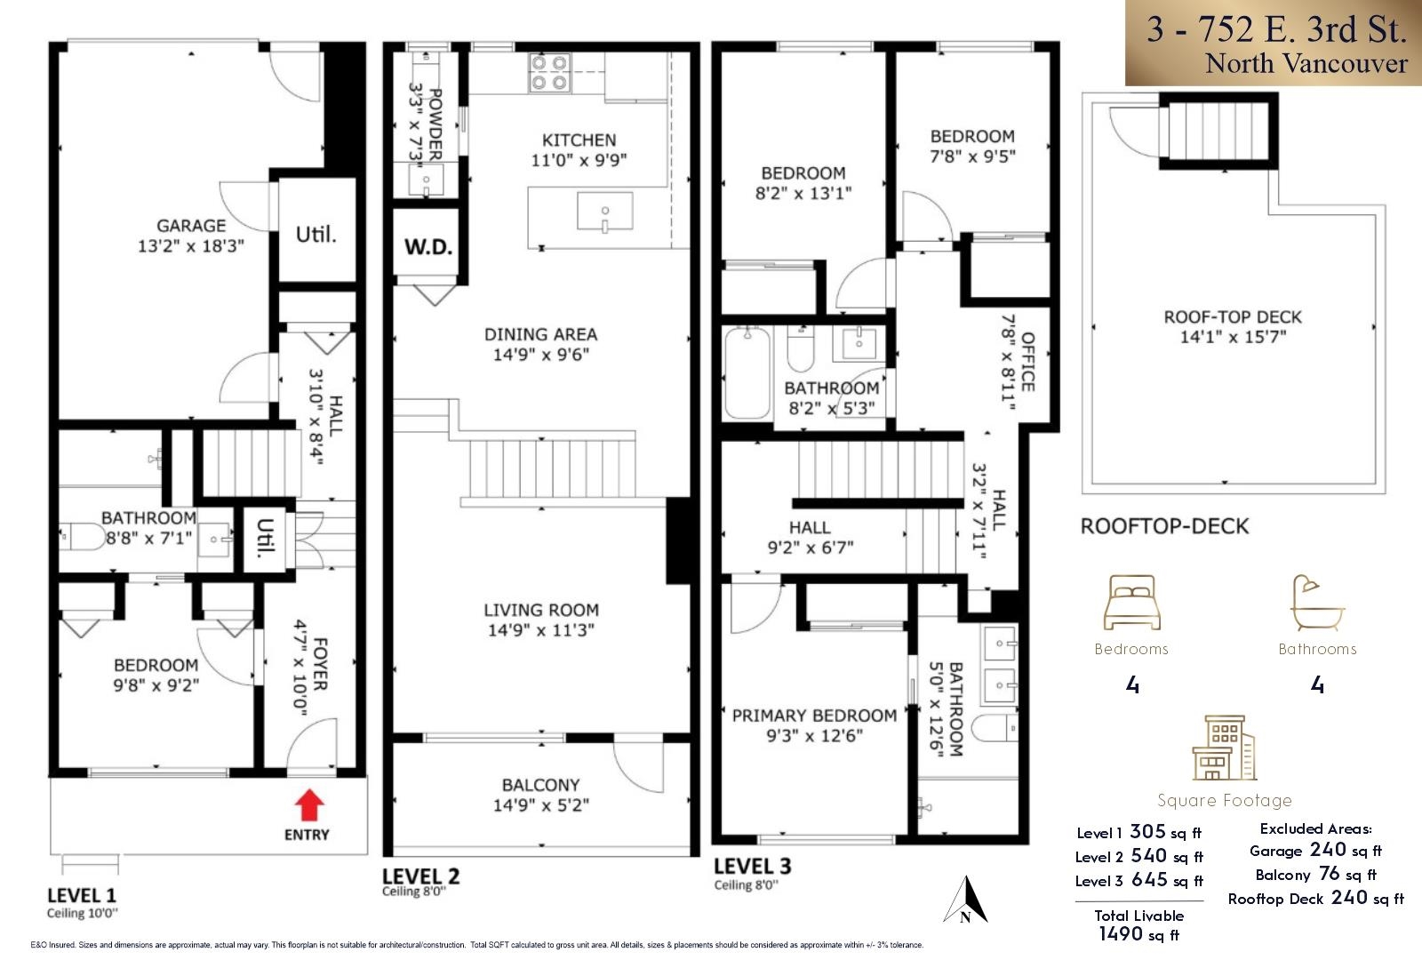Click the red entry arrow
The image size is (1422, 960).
(308, 805)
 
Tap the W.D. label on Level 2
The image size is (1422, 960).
(428, 246)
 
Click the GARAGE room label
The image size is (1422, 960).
(191, 226)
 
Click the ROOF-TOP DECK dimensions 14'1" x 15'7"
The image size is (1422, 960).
(1233, 337)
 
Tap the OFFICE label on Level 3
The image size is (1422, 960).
(1028, 361)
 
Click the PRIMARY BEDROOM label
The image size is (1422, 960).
(813, 716)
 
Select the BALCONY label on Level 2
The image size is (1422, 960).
(540, 785)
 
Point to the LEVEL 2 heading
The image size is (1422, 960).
(421, 876)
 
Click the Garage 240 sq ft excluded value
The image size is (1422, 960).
(1328, 850)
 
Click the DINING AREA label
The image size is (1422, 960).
(540, 334)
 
